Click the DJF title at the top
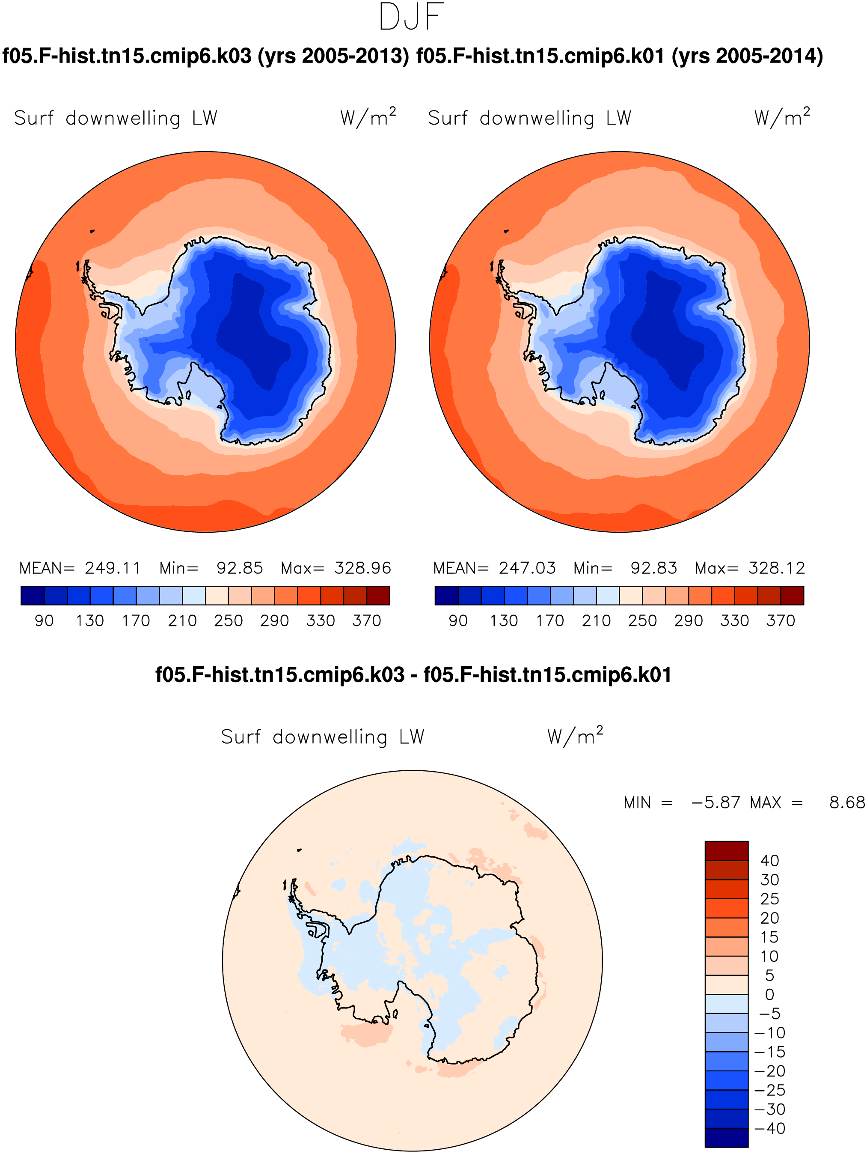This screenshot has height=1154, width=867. [411, 17]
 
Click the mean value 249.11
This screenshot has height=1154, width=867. [113, 568]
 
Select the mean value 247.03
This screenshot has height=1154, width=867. [527, 568]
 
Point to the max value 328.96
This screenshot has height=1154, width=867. [363, 568]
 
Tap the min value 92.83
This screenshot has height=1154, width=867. [654, 568]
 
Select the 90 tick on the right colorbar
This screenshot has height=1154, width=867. [458, 621]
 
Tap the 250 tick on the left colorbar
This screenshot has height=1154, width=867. [229, 621]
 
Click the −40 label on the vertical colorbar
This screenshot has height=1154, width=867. [769, 1128]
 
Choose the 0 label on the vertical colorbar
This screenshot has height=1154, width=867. [769, 995]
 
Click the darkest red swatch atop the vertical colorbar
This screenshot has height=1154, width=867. [726, 851]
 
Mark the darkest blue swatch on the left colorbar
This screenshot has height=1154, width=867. [33, 595]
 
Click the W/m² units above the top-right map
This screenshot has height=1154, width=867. [782, 117]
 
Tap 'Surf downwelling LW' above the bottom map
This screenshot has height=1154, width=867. [323, 737]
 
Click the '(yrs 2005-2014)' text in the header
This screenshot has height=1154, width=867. [747, 56]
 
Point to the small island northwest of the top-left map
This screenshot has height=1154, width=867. [92, 231]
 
